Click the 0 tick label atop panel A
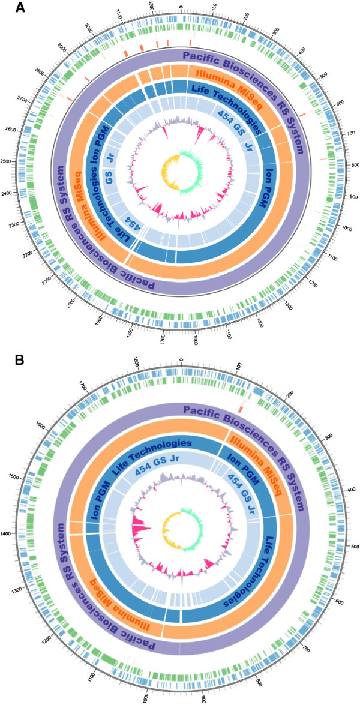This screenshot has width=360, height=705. pyautogui.click(x=181, y=8)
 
